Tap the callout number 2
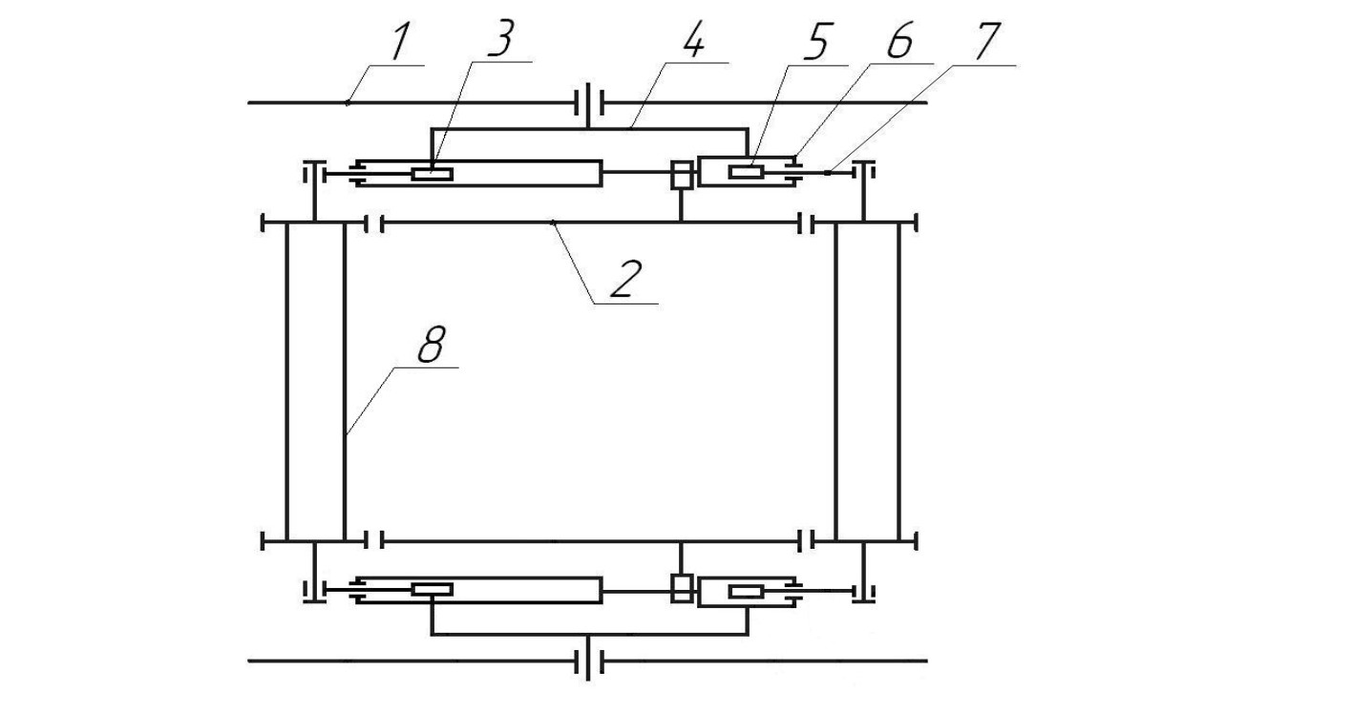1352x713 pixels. pyautogui.click(x=626, y=280)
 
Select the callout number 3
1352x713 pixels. pyautogui.click(x=501, y=39)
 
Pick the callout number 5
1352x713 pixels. pyautogui.click(x=818, y=41)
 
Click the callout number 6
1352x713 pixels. pyautogui.click(x=899, y=41)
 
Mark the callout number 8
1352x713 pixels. pyautogui.click(x=433, y=344)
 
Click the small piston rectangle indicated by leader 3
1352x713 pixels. pyautogui.click(x=433, y=175)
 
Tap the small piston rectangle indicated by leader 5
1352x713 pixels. pyautogui.click(x=747, y=172)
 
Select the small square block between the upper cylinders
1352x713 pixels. pyautogui.click(x=682, y=176)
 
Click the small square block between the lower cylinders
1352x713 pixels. pyautogui.click(x=682, y=589)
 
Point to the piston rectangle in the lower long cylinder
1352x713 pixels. pyautogui.click(x=433, y=589)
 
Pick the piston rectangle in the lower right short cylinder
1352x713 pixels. pyautogui.click(x=747, y=592)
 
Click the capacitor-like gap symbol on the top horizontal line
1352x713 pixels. pyautogui.click(x=588, y=101)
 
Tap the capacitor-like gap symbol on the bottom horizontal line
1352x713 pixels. pyautogui.click(x=588, y=661)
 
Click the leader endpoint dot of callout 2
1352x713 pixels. pyautogui.click(x=552, y=222)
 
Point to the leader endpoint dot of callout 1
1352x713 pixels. pyautogui.click(x=347, y=103)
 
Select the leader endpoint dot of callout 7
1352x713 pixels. pyautogui.click(x=827, y=173)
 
